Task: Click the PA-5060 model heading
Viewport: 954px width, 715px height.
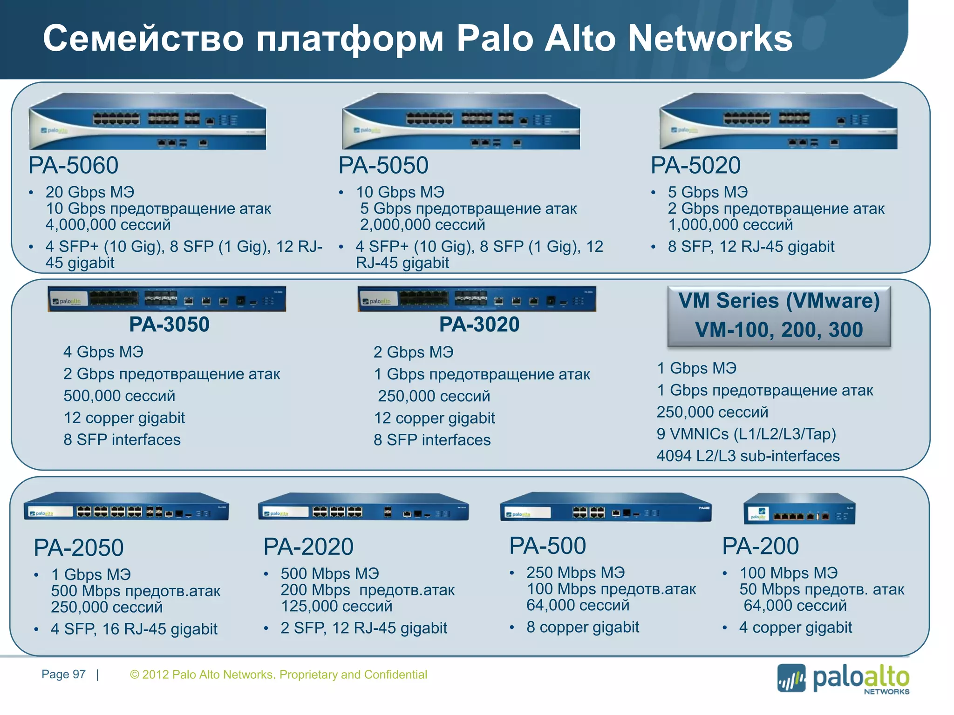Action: coord(74,165)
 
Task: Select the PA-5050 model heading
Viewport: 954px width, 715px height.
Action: coord(383,165)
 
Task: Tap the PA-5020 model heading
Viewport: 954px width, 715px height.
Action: coord(695,165)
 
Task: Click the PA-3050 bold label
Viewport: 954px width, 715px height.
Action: coord(169,324)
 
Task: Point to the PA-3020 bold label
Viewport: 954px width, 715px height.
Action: coord(479,324)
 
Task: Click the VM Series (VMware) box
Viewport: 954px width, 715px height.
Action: coord(779,316)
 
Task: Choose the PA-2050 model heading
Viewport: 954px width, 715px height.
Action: coord(79,547)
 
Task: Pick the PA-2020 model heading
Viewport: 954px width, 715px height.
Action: coord(308,546)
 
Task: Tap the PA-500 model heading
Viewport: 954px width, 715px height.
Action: coord(547,546)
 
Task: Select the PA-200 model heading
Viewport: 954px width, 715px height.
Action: coord(760,546)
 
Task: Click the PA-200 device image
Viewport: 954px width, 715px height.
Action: coord(799,509)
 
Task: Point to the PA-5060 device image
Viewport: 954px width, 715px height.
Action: coord(147,121)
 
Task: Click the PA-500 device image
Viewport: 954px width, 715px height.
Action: coord(606,507)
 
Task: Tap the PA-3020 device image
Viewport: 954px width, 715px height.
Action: coord(477,299)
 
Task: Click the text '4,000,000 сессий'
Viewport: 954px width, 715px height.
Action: coord(108,225)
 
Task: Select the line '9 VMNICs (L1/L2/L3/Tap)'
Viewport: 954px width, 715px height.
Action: coord(746,434)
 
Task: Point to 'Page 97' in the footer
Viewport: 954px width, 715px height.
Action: coord(63,675)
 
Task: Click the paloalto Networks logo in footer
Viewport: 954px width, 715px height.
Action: coord(843,679)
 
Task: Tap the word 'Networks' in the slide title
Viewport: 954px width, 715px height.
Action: coord(710,38)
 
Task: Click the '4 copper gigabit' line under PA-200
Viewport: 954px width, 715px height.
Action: coord(796,627)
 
